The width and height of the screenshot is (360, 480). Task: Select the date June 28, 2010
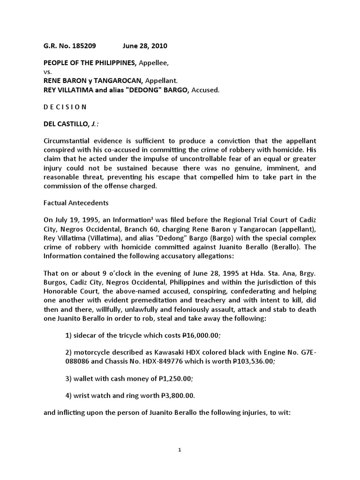click(x=145, y=46)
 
